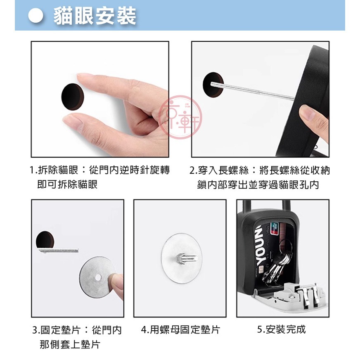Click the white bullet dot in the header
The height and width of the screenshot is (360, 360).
[x=36, y=16]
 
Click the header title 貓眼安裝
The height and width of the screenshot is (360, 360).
[x=95, y=16]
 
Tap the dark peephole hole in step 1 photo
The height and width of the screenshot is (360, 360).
[x=73, y=97]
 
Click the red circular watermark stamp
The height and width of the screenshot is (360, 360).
[x=180, y=117]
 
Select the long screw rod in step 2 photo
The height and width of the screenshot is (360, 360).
[x=253, y=91]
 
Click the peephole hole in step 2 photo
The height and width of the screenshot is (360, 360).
[x=213, y=85]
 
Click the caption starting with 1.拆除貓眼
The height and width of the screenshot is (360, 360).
[x=99, y=177]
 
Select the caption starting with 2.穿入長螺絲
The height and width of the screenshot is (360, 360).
[x=260, y=177]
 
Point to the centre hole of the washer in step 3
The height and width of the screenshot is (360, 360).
[x=98, y=277]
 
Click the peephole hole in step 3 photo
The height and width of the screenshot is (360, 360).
[x=45, y=240]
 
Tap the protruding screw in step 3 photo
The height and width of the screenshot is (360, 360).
[x=58, y=250]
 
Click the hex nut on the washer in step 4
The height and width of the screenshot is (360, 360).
[x=181, y=258]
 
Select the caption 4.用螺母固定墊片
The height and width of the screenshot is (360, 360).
[x=180, y=330]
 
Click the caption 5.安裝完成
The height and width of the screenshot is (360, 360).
[x=282, y=329]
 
